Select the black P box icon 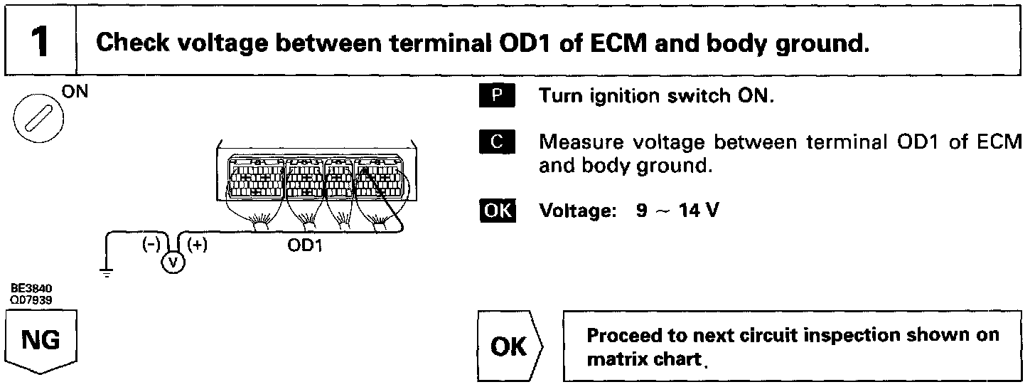click(x=495, y=95)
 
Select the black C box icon click(x=495, y=142)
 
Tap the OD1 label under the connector click(x=305, y=246)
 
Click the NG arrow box click(x=41, y=344)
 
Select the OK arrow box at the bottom click(x=509, y=346)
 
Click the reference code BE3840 click(x=31, y=289)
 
